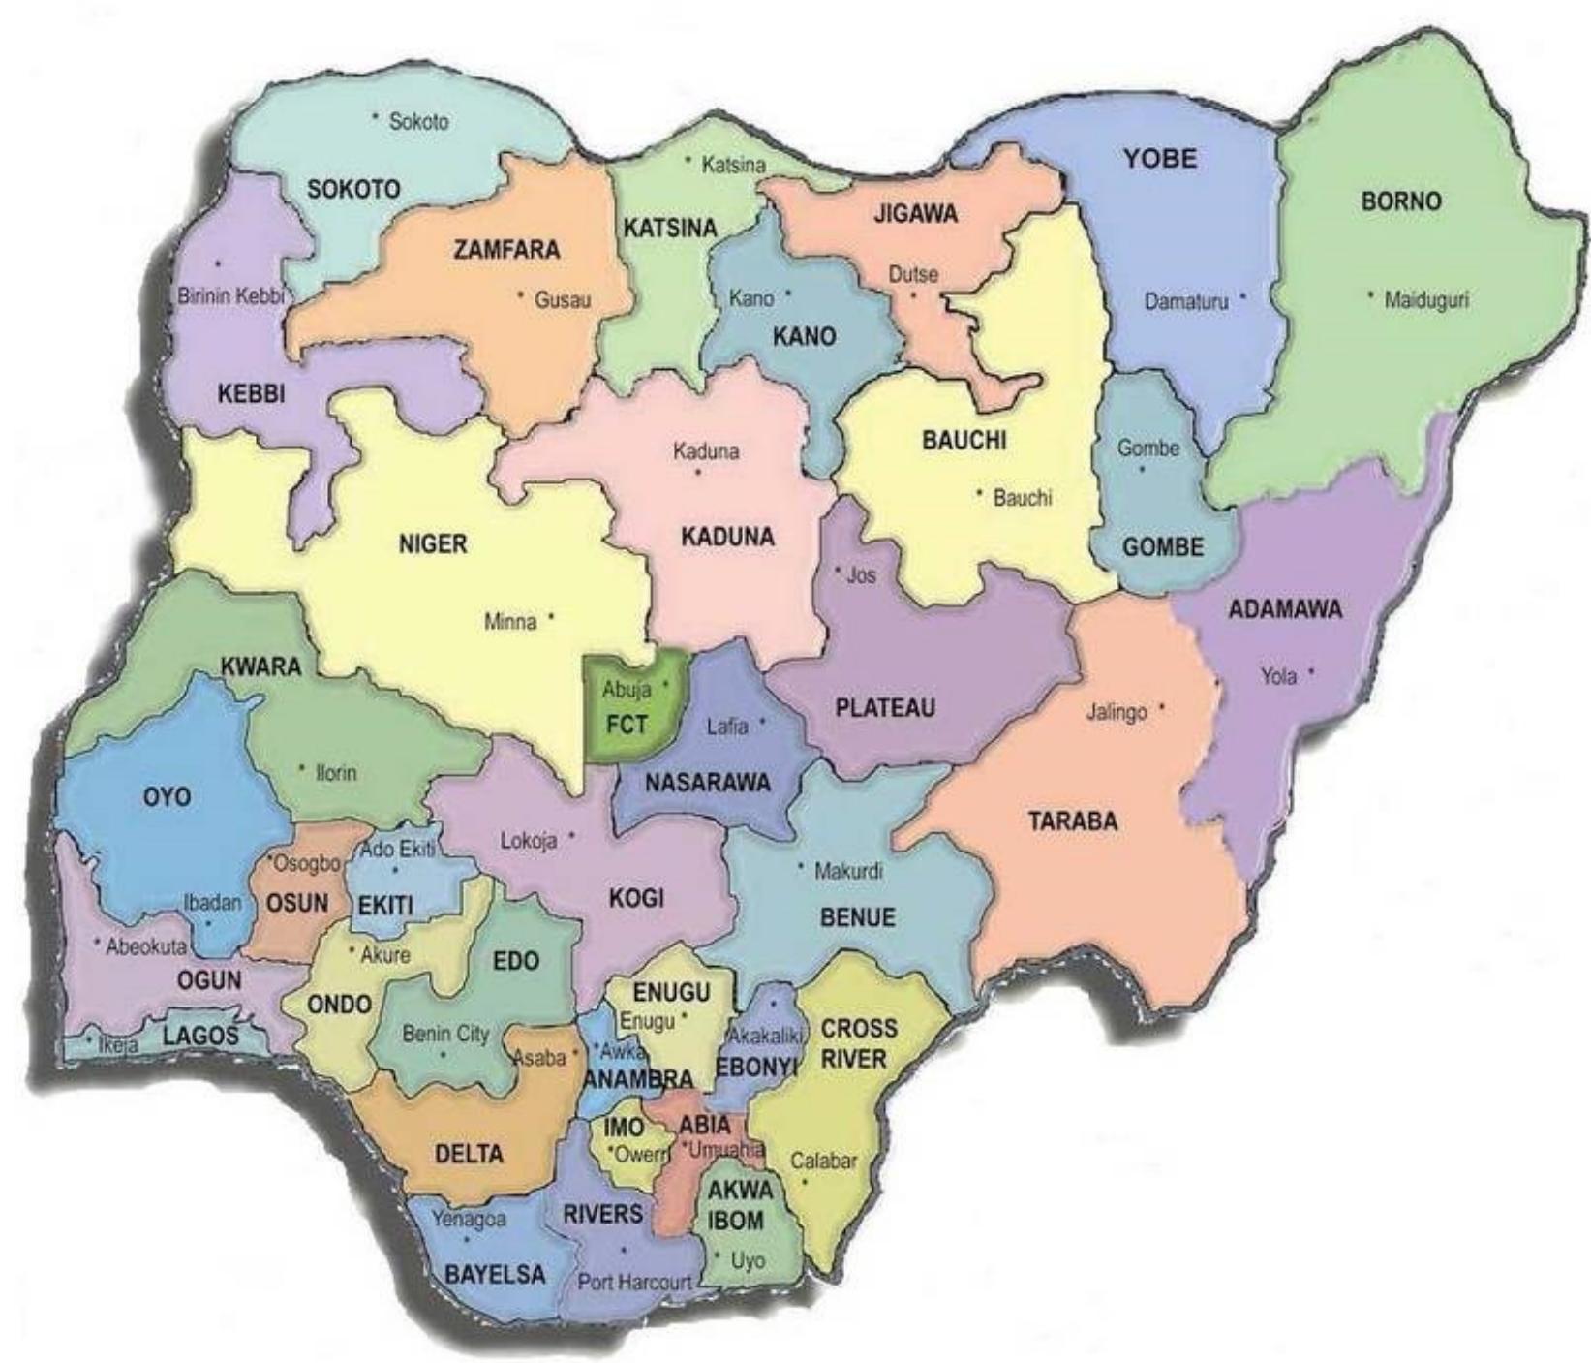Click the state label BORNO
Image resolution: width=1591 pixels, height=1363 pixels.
tap(1400, 202)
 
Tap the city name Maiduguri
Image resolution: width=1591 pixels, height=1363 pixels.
tap(1425, 300)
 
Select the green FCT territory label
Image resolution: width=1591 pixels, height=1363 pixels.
tap(627, 725)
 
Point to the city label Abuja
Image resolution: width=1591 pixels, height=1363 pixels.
tap(627, 690)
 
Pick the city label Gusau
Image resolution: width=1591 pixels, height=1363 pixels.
tap(563, 300)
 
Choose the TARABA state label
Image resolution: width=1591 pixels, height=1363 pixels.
tap(1073, 821)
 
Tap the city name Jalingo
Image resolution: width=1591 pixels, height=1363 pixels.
tap(1117, 712)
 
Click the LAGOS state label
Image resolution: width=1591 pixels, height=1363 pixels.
tap(200, 1036)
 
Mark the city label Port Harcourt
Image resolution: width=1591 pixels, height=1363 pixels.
tap(634, 1282)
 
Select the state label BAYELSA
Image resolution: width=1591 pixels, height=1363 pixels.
tap(495, 1274)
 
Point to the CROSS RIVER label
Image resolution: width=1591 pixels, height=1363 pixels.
tap(858, 1042)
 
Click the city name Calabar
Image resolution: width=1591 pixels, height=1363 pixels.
tap(823, 1161)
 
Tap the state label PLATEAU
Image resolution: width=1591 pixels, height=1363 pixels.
tap(885, 708)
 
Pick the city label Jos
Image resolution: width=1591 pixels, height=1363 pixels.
tap(861, 575)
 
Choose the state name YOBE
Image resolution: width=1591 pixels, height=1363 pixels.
tap(1160, 159)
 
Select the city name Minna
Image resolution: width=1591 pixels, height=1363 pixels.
tap(510, 622)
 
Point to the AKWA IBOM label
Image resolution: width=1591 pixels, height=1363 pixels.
tap(739, 1204)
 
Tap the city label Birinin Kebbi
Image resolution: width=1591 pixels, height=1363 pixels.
tap(230, 296)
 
